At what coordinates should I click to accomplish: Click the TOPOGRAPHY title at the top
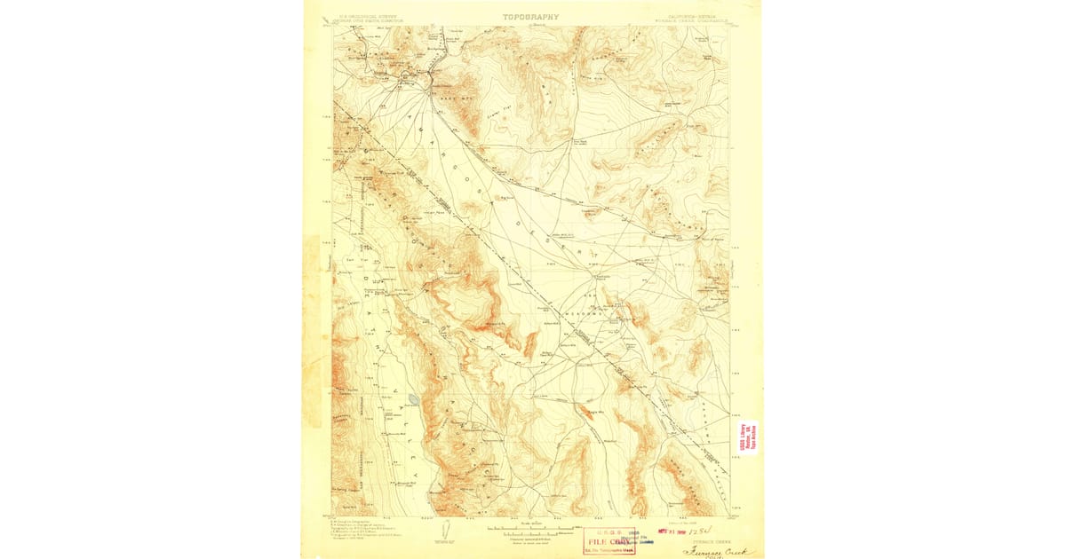click(x=531, y=17)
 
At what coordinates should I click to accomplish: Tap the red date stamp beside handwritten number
click(x=667, y=533)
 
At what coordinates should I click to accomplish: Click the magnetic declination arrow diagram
click(x=444, y=531)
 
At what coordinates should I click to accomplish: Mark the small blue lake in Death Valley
click(x=414, y=399)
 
